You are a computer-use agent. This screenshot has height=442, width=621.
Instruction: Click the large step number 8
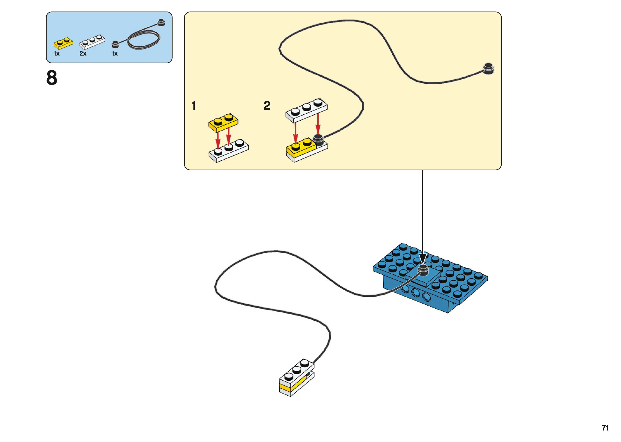click(x=52, y=78)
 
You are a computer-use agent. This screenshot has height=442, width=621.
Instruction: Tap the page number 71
click(x=605, y=428)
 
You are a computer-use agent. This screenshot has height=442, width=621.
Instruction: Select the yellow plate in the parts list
click(x=63, y=43)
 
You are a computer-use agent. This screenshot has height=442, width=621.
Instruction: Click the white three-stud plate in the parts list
click(x=92, y=42)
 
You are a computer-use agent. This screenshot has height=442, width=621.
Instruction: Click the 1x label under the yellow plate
click(x=56, y=54)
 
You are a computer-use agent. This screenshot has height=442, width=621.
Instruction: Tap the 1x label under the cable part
click(x=115, y=54)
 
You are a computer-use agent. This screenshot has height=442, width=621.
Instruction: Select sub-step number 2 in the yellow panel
click(x=267, y=106)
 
